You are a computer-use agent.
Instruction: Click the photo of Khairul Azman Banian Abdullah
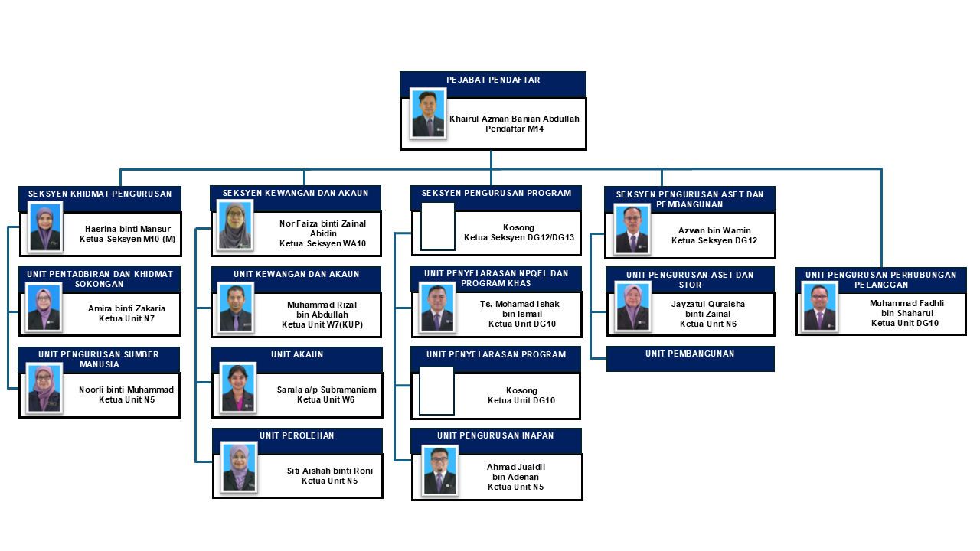428,113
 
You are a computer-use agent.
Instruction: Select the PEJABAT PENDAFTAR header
493,80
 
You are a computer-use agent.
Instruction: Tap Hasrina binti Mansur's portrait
46,229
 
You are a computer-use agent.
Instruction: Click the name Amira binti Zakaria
126,308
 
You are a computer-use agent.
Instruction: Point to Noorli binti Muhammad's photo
44,389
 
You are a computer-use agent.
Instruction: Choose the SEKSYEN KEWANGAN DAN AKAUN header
296,194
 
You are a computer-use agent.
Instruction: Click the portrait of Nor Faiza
235,226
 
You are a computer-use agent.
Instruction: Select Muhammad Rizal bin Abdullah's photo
235,308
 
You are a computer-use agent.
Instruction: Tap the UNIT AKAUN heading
297,355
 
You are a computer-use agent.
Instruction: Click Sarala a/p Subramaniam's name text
326,390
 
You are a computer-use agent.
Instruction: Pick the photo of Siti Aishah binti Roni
240,468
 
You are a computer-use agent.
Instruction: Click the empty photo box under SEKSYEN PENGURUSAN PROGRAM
437,227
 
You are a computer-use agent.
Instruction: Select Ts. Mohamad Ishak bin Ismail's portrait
437,308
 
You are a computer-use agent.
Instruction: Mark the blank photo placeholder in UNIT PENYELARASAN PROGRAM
436,390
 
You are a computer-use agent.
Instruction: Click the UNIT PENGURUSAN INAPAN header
495,436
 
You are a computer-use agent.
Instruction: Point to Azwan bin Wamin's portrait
632,230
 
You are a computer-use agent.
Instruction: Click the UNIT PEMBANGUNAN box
690,358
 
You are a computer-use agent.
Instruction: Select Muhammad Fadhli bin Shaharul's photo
819,306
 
